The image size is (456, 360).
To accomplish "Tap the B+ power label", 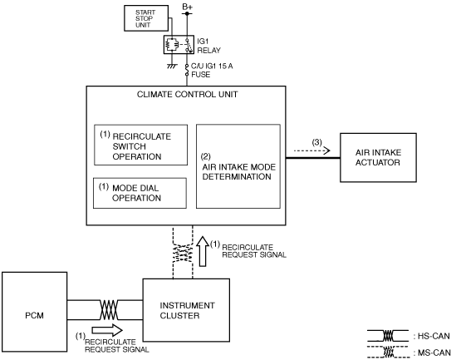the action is (x=187, y=7).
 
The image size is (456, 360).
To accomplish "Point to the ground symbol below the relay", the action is (x=172, y=67).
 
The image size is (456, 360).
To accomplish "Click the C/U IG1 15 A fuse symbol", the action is (x=187, y=70).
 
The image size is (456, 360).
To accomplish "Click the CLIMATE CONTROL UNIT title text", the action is (x=187, y=95).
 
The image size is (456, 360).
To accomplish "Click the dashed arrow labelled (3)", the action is (x=312, y=150).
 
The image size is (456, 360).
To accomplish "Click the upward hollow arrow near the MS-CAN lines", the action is (x=203, y=251).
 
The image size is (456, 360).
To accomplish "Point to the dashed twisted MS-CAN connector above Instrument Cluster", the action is (x=183, y=252).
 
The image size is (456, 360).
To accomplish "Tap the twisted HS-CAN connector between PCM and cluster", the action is (x=109, y=310).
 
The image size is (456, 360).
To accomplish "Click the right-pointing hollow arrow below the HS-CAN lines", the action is (x=107, y=330).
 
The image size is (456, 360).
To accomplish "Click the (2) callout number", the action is (x=206, y=156).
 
